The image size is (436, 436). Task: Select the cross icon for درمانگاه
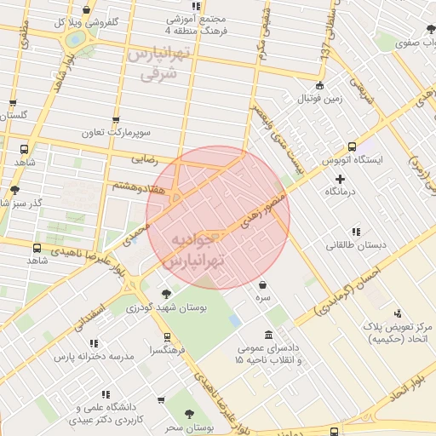341,179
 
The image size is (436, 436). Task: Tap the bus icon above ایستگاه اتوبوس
352,146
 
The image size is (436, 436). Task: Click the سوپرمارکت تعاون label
116,133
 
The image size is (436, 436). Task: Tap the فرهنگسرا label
161,350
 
